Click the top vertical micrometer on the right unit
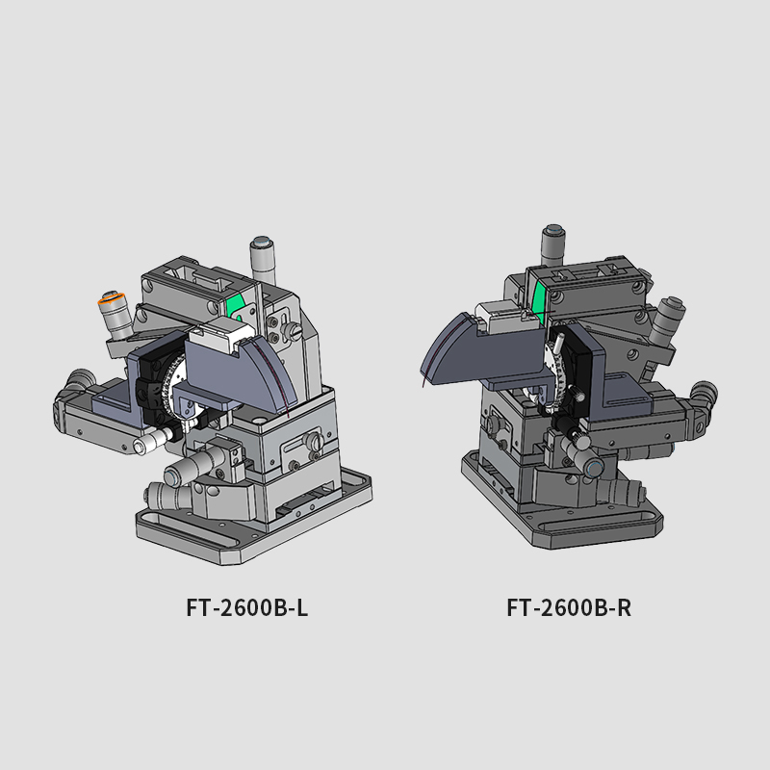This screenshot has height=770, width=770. tap(552, 246)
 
